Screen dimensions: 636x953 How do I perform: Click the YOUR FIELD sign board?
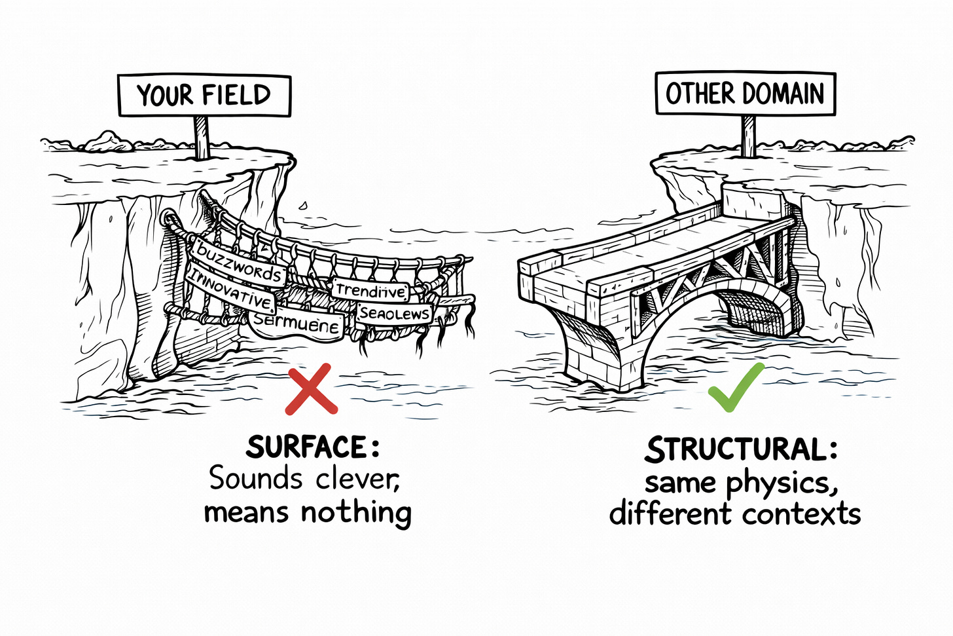(204, 96)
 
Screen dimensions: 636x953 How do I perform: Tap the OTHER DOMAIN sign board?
(745, 93)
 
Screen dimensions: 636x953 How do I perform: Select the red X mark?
(312, 389)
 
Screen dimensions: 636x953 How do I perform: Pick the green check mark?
(736, 386)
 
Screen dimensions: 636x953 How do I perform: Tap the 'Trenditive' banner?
(371, 290)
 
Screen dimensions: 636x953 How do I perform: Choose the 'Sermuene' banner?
(297, 322)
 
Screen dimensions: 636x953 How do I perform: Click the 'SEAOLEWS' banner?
(394, 314)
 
